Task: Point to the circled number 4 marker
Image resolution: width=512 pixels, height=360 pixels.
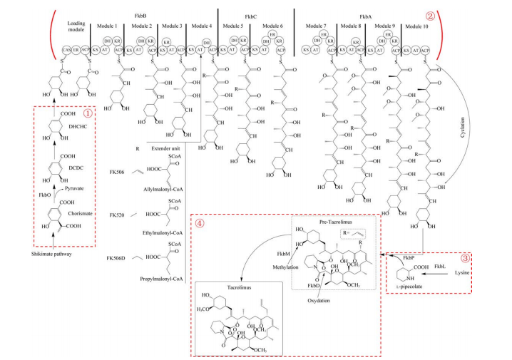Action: [x=200, y=221]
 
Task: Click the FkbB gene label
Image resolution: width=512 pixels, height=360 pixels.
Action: [x=152, y=12]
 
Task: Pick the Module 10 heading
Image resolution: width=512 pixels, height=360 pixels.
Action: [x=419, y=26]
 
